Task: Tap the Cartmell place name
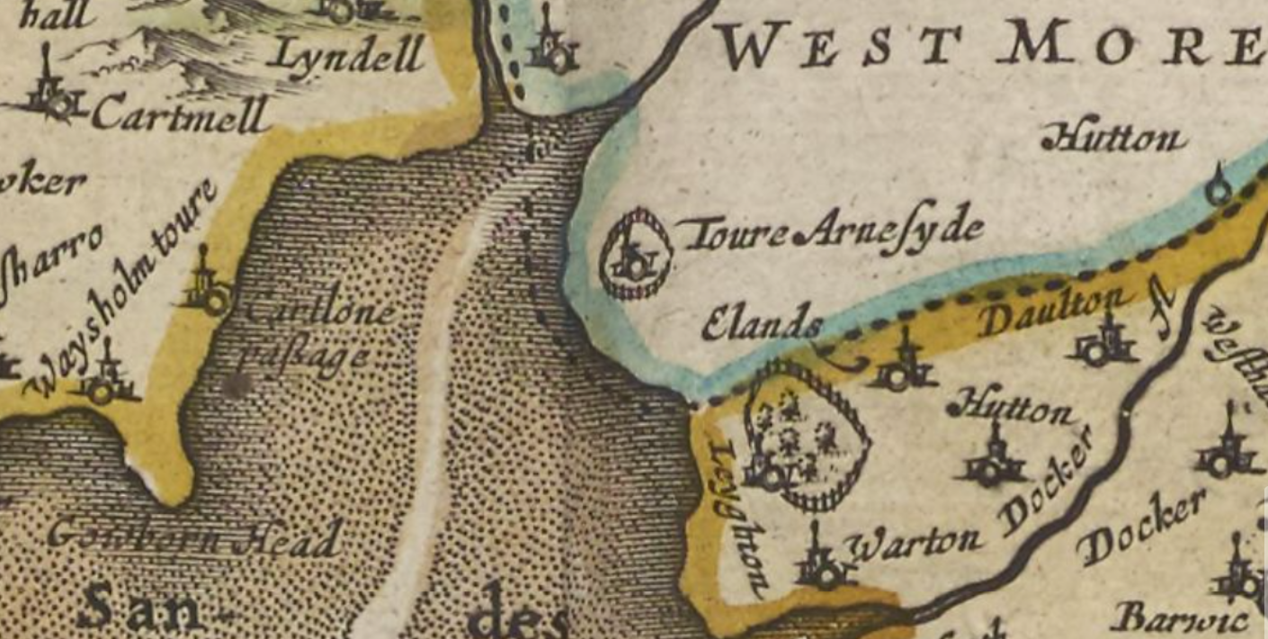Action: [180, 114]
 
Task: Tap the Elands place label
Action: [762, 325]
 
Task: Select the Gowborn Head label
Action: [194, 538]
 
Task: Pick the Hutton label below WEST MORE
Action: [1113, 139]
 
